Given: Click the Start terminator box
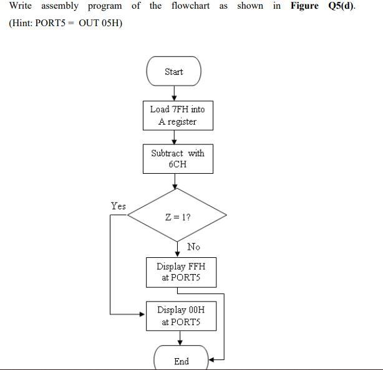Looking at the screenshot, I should tap(173, 72).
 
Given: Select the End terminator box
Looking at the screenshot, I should tap(181, 359).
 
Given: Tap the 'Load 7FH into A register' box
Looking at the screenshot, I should tap(177, 115).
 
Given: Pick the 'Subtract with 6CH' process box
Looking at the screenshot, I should tap(177, 159).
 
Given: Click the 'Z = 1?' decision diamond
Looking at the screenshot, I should tap(177, 217).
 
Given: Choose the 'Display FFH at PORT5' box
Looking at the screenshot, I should tap(180, 272).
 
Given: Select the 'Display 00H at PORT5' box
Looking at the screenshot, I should tap(180, 316).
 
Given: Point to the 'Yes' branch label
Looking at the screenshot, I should tap(118, 206).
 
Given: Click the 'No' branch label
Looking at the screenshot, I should tap(193, 247).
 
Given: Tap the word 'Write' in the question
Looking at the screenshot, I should tap(21, 6).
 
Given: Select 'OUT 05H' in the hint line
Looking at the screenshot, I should tap(100, 24).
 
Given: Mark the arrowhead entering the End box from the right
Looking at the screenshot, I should tap(212, 359).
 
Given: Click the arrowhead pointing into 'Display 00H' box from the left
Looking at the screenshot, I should tap(142, 314).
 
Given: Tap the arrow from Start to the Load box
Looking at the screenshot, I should tap(174, 93).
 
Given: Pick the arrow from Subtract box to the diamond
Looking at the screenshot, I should tap(175, 181).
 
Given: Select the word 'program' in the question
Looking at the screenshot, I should tap(105, 6).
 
